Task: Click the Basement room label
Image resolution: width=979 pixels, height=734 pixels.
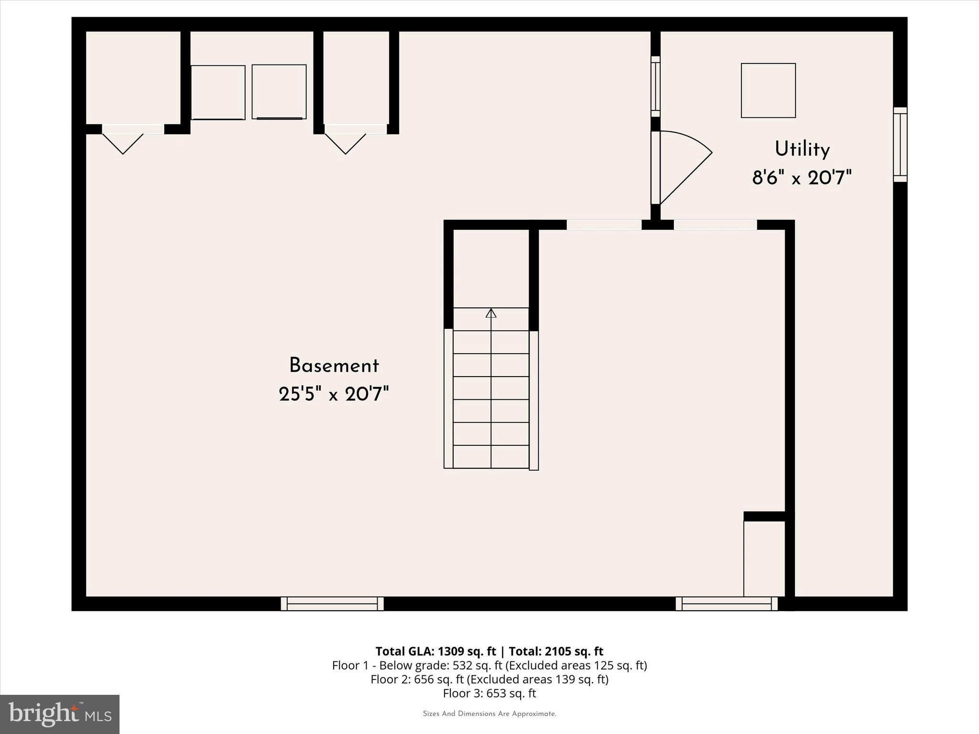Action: point(334,366)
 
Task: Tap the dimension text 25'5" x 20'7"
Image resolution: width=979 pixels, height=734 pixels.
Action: point(334,395)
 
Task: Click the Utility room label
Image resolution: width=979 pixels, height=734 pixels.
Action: point(802,149)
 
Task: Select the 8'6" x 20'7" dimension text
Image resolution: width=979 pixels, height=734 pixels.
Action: point(802,178)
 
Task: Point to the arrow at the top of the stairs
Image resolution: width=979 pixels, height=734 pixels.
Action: point(491,313)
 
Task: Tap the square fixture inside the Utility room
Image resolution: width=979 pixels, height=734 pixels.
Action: point(768,90)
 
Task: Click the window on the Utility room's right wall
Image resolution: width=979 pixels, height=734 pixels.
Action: point(900,144)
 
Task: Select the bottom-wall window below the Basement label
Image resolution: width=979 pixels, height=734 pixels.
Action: point(332,604)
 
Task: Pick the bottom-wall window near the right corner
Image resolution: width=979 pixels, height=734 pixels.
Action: point(726,604)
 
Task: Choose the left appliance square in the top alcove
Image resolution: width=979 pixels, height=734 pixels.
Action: point(218,92)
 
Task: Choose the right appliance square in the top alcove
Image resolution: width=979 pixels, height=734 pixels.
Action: point(279,91)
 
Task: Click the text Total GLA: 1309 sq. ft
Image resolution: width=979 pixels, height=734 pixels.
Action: point(435,651)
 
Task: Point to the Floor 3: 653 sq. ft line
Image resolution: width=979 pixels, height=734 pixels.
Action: point(489,693)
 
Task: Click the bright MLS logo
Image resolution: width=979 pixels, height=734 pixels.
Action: point(60,714)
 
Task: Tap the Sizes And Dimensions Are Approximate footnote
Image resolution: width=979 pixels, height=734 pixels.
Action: point(489,714)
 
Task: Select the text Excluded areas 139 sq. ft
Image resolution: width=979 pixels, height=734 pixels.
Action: point(537,680)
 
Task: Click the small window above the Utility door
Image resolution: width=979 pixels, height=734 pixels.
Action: point(655,86)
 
